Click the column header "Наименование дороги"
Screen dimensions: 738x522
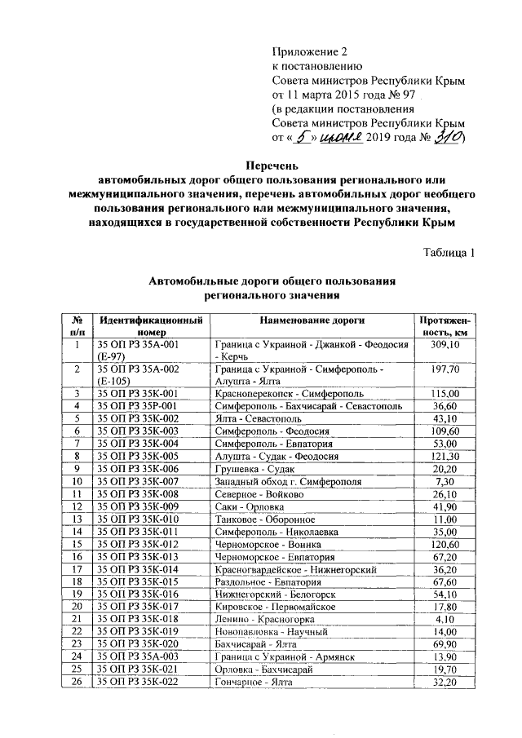[312, 320]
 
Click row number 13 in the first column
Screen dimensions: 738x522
[78, 519]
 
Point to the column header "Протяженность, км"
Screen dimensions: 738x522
[448, 326]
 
